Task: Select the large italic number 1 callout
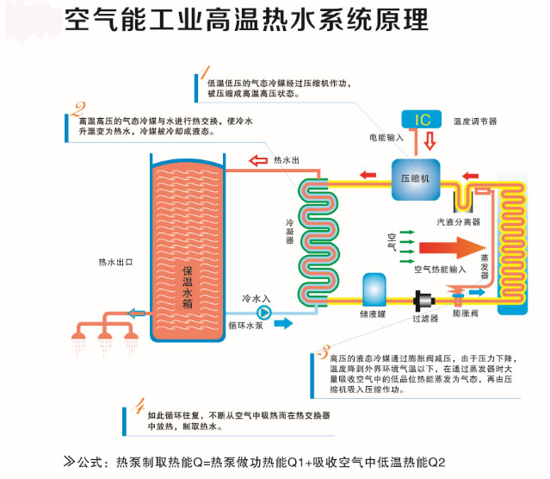[x=205, y=72]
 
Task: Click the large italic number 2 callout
[x=78, y=110]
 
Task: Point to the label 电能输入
[x=386, y=137]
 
